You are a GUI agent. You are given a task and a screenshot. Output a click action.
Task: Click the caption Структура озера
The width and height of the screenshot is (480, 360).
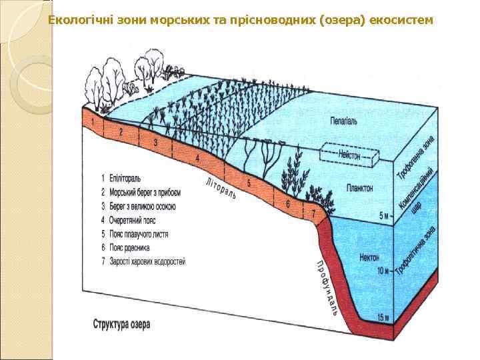[121, 325]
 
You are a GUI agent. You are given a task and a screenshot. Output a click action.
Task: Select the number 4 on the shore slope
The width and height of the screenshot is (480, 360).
[197, 157]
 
